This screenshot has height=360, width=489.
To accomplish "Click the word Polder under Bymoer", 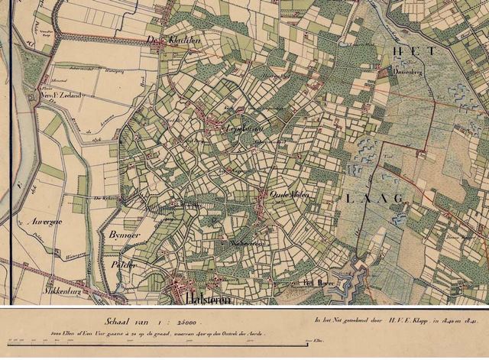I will pyautogui.click(x=123, y=264).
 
